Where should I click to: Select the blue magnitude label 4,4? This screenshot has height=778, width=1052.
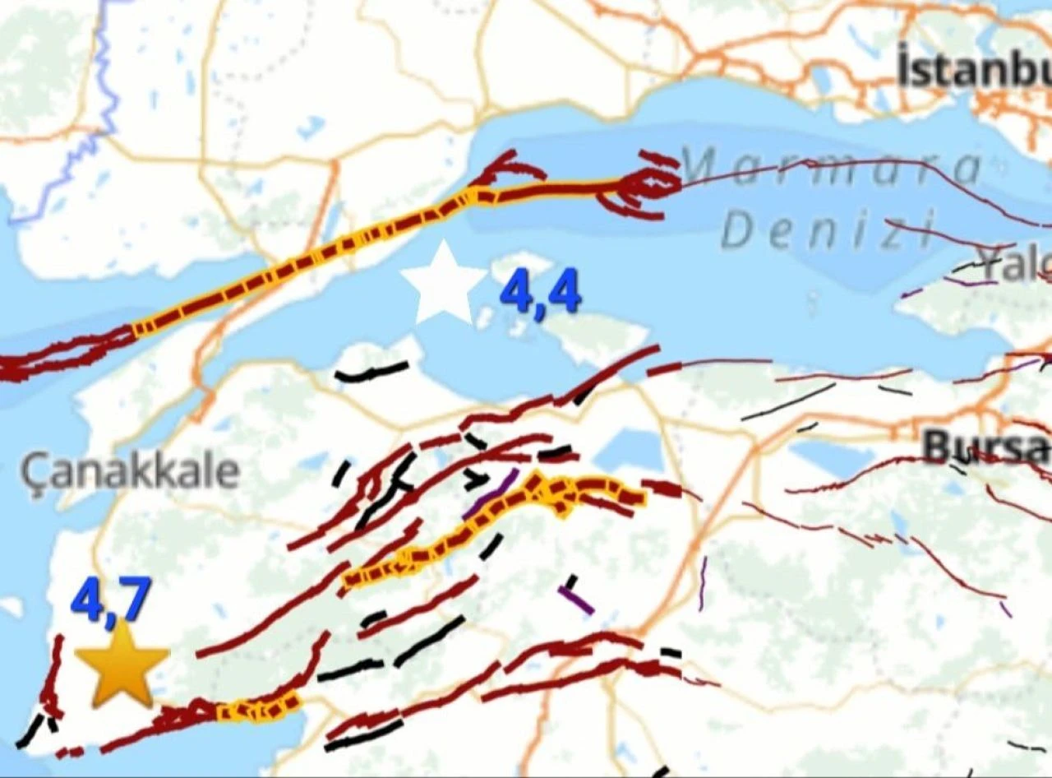pyautogui.click(x=540, y=293)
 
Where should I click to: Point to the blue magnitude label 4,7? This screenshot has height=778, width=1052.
pyautogui.click(x=111, y=600)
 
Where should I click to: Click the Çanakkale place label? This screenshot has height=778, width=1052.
pyautogui.click(x=130, y=471)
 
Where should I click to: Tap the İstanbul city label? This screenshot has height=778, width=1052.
pyautogui.click(x=974, y=70)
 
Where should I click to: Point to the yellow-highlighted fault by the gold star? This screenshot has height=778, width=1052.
pyautogui.click(x=259, y=708)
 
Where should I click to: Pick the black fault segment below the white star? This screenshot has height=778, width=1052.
pyautogui.click(x=371, y=372)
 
